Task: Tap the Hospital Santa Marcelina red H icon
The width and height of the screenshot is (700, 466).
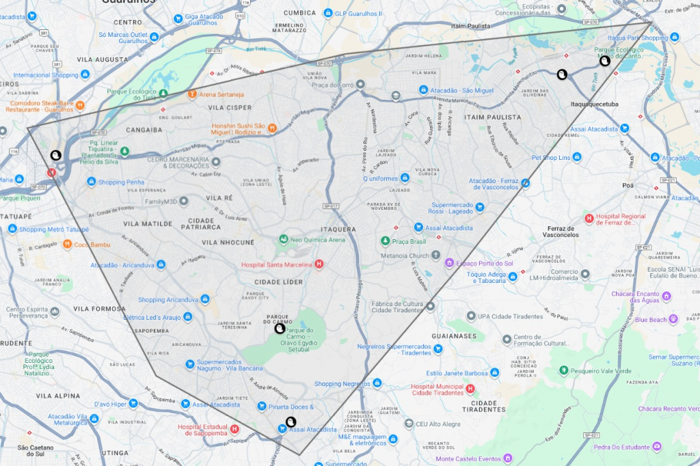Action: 318,264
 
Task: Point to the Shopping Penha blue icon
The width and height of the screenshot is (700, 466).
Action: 91,182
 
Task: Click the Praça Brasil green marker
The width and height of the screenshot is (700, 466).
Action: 386,241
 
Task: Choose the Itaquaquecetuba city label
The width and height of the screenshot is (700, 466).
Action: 594,104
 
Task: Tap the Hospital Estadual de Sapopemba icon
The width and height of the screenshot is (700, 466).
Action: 234,429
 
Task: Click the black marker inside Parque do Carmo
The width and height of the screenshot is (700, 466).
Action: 279,329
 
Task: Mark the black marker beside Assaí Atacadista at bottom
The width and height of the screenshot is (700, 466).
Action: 291,422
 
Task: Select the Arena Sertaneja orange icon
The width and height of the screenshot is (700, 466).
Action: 192,94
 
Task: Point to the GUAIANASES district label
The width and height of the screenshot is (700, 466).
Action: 454,336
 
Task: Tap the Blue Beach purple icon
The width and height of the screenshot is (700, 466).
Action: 673,319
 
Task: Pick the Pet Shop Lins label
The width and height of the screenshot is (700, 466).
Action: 550,157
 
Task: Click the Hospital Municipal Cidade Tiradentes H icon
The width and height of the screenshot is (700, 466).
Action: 470,389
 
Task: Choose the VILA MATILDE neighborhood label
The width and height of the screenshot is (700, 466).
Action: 148,223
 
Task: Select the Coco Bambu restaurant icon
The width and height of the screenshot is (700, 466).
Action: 67,244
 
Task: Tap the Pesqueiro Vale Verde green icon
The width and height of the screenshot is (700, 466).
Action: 564,370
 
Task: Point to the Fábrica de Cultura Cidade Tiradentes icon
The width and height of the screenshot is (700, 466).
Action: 430,306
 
